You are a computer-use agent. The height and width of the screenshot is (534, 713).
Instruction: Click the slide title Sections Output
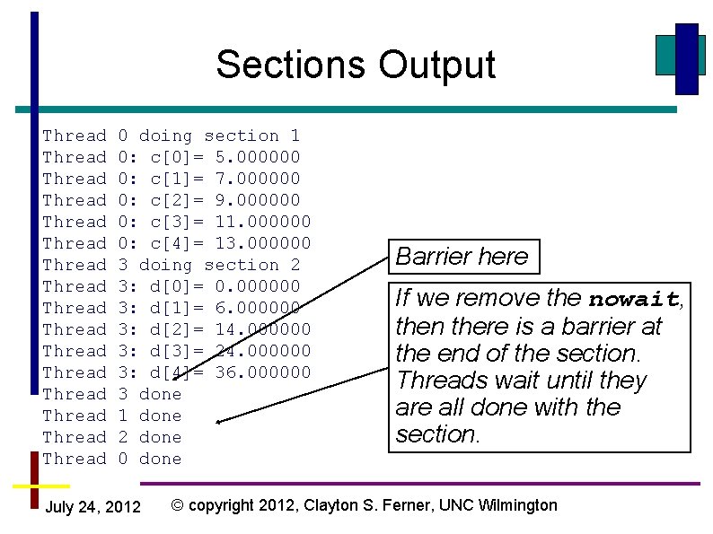(x=356, y=65)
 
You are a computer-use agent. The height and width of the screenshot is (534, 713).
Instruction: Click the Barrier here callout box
(x=462, y=257)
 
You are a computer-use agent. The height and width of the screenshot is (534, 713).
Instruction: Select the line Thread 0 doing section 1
(x=172, y=136)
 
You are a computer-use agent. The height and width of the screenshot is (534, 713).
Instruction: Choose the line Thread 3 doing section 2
(x=172, y=265)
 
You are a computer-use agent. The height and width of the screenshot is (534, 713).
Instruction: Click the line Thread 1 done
(x=112, y=416)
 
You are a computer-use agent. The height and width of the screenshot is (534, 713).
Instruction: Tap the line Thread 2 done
(x=112, y=437)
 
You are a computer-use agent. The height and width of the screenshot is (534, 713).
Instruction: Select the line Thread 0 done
(x=112, y=459)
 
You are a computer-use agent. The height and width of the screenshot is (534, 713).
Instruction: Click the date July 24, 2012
(x=92, y=508)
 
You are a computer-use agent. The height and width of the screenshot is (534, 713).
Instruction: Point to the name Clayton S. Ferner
(x=369, y=505)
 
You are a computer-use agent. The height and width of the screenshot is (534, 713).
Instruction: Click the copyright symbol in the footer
(x=178, y=505)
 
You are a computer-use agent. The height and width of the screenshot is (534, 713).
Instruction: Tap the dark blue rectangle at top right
(x=687, y=58)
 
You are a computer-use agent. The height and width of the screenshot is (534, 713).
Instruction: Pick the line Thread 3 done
(x=112, y=394)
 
